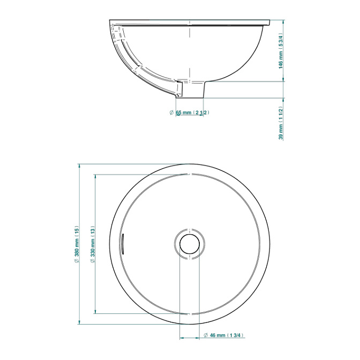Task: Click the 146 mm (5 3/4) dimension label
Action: tap(281, 51)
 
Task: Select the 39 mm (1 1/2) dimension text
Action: tap(281, 123)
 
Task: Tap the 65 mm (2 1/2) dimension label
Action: tap(192, 112)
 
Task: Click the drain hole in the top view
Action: tap(190, 244)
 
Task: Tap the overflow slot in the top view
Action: tap(123, 244)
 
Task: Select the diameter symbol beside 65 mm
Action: tap(171, 112)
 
